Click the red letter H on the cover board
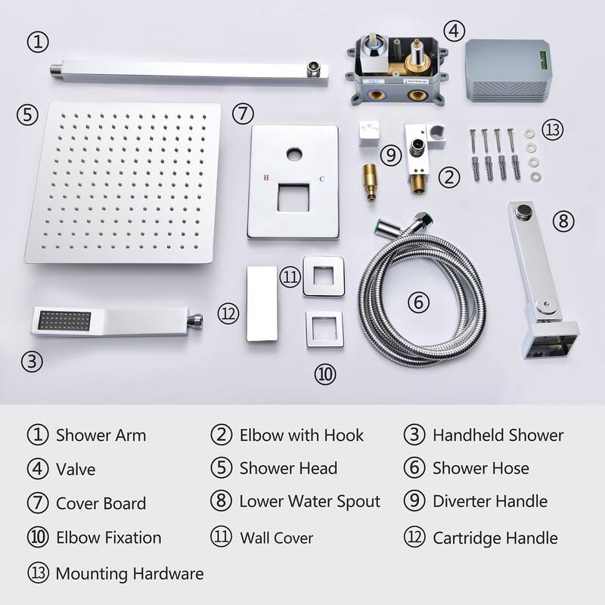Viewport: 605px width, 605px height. click(x=263, y=178)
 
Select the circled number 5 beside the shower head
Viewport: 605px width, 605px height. click(x=26, y=115)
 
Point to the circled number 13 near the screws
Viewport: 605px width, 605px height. click(x=554, y=129)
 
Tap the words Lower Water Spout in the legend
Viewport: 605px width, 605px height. click(x=309, y=501)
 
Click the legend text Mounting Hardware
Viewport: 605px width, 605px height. click(x=129, y=574)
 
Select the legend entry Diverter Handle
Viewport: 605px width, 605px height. click(x=489, y=501)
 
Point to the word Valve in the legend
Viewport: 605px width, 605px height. click(x=76, y=469)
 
